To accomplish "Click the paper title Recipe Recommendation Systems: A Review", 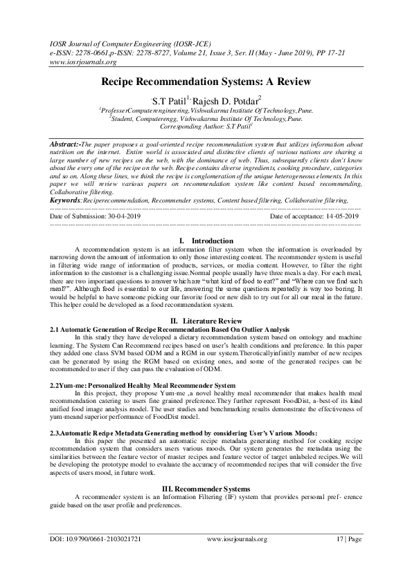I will point(206,82).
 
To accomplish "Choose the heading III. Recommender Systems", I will point(206,489).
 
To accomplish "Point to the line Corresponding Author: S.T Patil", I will point(206,127).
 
